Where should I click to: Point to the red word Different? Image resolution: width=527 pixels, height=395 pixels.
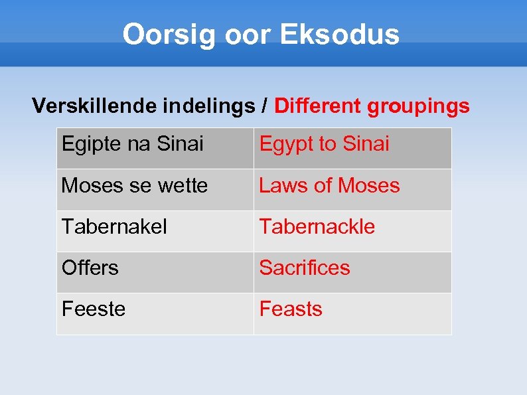316,106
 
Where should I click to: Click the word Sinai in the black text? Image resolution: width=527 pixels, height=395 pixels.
181,144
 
